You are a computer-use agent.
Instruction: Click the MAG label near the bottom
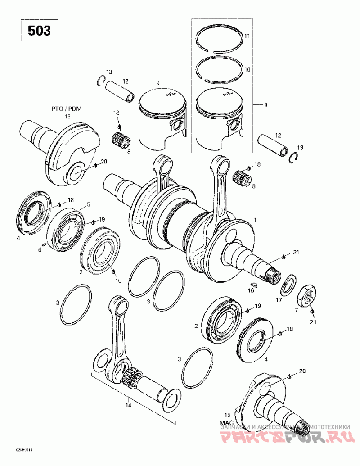pyautogui.click(x=226, y=423)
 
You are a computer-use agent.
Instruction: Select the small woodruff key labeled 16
pyautogui.click(x=253, y=284)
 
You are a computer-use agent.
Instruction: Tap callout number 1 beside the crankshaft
pyautogui.click(x=256, y=220)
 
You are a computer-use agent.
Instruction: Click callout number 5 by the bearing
pyautogui.click(x=89, y=204)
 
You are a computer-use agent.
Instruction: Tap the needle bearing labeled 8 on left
pyautogui.click(x=121, y=136)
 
